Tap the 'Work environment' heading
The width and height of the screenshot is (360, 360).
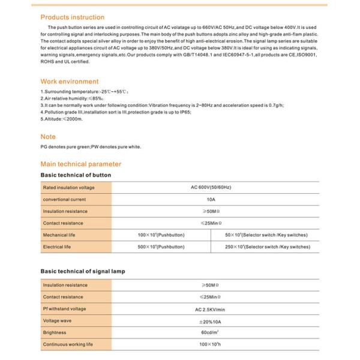70,81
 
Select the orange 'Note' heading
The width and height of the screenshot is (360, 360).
48,137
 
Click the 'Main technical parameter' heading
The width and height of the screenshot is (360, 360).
80,164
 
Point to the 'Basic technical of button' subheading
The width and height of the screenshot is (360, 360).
76,175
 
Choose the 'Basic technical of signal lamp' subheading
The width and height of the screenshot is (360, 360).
83,272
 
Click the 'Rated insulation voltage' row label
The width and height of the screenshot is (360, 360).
69,188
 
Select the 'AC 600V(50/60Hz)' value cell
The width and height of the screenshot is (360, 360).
211,188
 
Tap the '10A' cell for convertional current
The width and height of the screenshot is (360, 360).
211,199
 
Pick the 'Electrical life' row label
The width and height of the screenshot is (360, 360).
58,247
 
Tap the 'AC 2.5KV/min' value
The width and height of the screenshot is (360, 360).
211,308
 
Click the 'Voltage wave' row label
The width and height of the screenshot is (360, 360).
58,320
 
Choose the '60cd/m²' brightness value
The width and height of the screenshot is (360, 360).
211,332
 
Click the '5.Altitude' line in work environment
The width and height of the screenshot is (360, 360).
61,119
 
